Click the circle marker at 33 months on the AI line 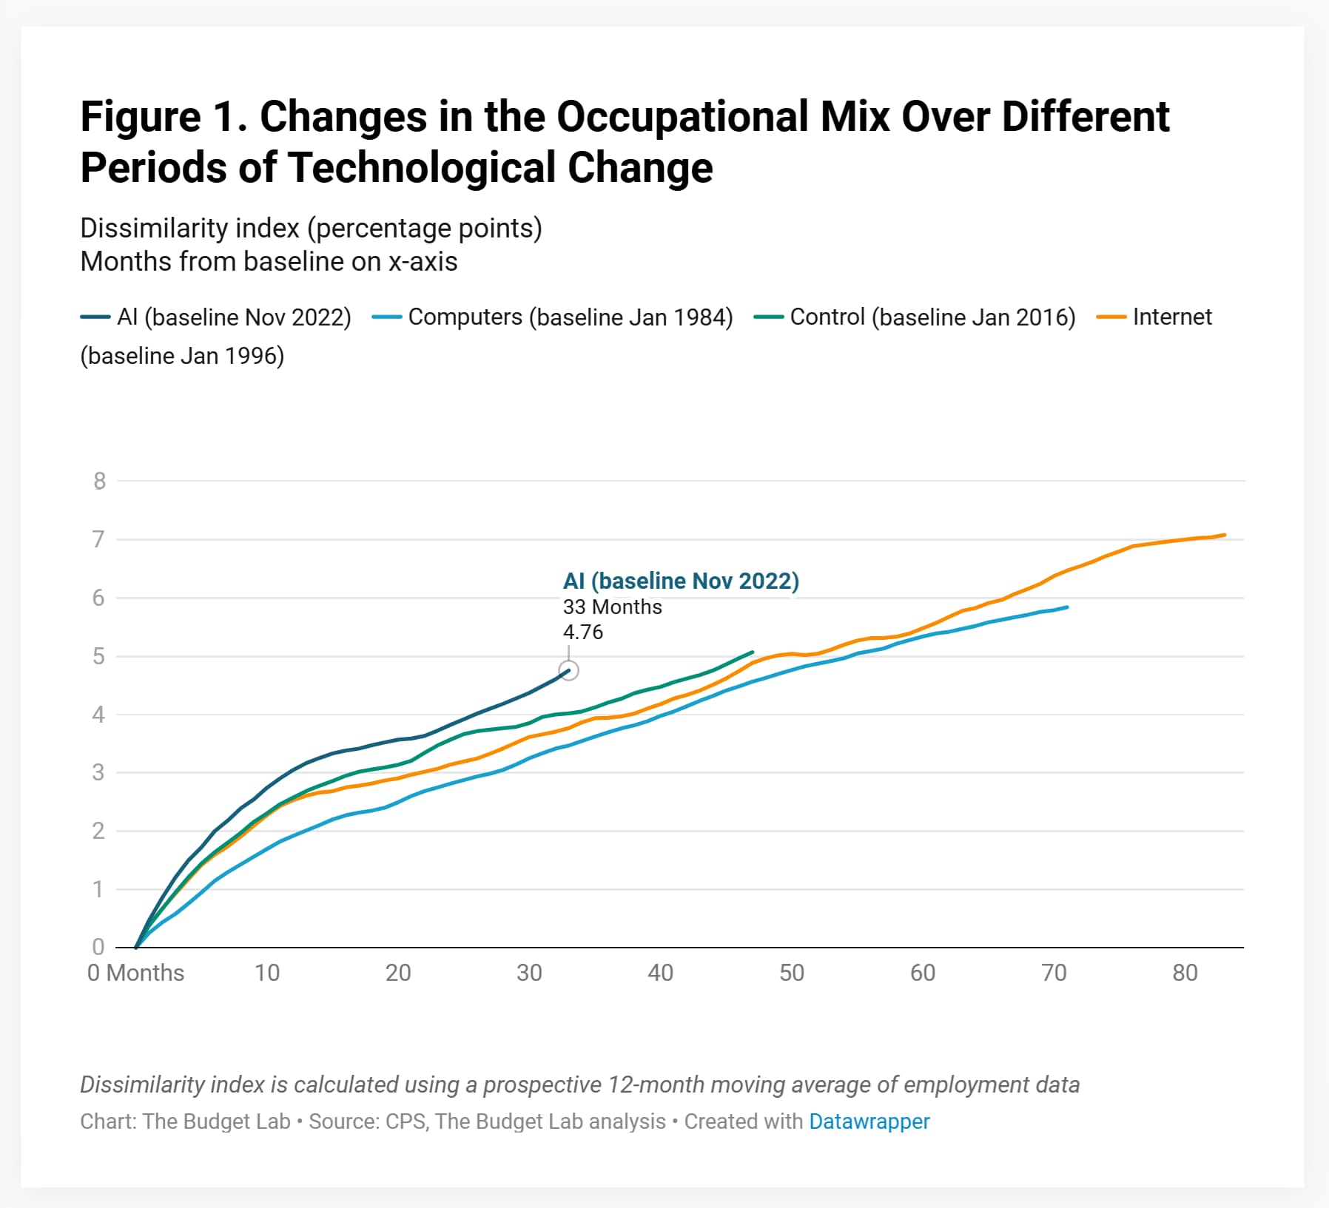(568, 670)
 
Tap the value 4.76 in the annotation (583, 632)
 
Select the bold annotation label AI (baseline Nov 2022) (681, 581)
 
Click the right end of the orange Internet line (1224, 535)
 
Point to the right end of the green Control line (752, 652)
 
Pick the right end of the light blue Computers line (1066, 607)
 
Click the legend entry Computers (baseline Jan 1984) (570, 317)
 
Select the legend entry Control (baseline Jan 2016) (932, 317)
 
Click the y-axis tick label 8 (100, 482)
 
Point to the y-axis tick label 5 (99, 657)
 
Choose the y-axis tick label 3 (99, 773)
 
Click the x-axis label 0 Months (135, 973)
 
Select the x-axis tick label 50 (791, 973)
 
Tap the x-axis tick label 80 (1185, 973)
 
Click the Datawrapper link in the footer (869, 1121)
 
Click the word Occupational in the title (682, 117)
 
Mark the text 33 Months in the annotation (612, 607)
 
